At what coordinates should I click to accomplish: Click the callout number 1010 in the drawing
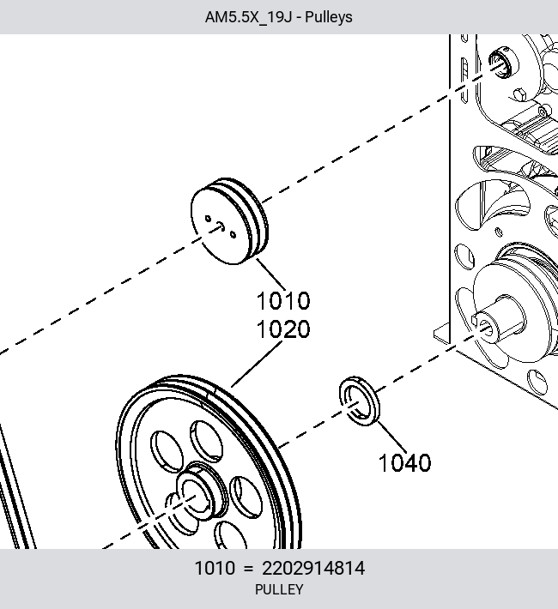pyautogui.click(x=283, y=300)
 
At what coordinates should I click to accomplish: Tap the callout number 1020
pyautogui.click(x=283, y=329)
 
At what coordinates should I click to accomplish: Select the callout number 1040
pyautogui.click(x=405, y=462)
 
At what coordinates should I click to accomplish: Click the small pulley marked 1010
pyautogui.click(x=229, y=221)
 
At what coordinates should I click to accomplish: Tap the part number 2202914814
pyautogui.click(x=313, y=568)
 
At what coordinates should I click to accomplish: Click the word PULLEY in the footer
pyautogui.click(x=279, y=589)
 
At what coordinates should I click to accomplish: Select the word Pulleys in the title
pyautogui.click(x=329, y=17)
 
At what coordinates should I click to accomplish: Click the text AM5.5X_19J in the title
pyautogui.click(x=248, y=17)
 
